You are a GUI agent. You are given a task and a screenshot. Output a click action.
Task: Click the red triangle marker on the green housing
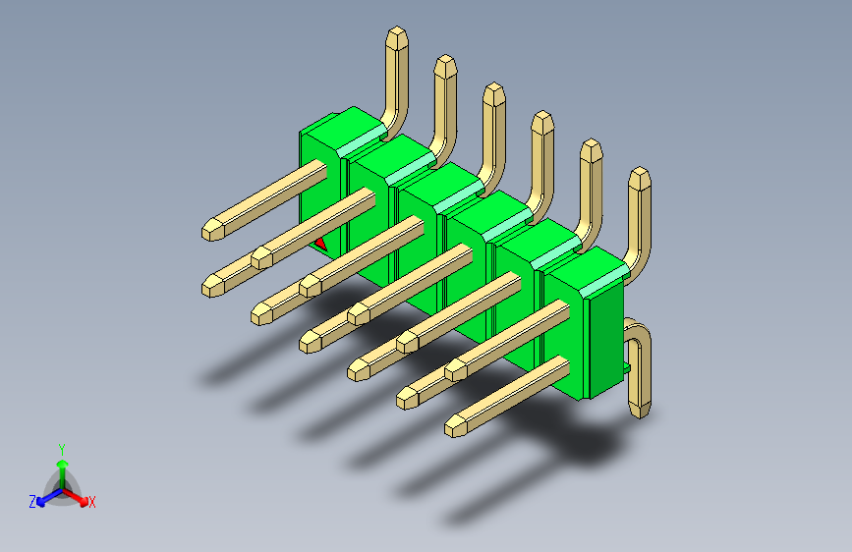pos(320,245)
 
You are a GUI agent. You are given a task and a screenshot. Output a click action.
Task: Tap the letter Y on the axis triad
pos(62,450)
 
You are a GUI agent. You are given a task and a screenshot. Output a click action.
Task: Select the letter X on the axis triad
pos(92,503)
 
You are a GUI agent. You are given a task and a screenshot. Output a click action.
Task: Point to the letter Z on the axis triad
pos(32,502)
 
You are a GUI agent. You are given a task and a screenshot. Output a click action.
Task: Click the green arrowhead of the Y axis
pos(63,464)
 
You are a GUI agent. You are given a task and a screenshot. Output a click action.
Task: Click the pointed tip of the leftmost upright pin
pos(397,28)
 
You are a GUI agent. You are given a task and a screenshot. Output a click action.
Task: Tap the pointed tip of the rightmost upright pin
pos(640,168)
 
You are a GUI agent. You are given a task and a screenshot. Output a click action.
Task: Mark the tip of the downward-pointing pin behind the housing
pos(641,416)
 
